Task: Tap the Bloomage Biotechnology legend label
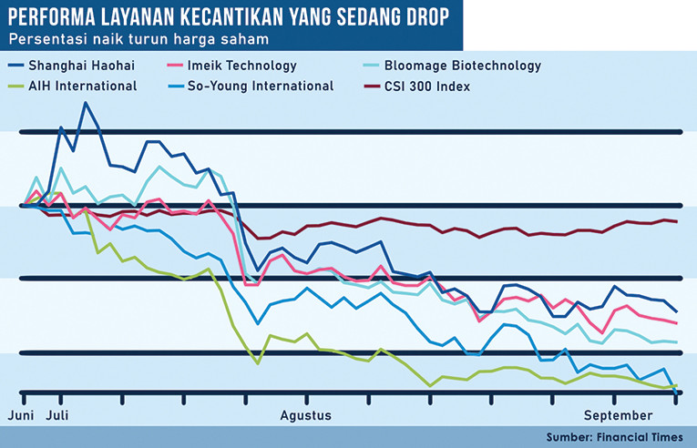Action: (x=463, y=66)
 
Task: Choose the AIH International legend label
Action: (x=82, y=87)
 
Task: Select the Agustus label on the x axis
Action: (x=303, y=415)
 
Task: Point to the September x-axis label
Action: (x=613, y=415)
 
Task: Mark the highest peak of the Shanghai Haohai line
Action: (x=86, y=103)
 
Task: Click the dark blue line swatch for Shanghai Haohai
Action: (x=15, y=66)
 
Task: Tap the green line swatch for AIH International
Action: (x=15, y=87)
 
